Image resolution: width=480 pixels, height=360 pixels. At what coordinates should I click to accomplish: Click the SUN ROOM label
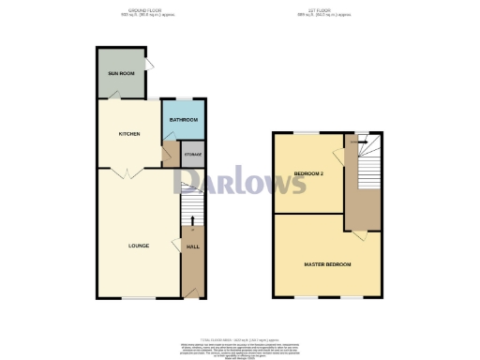pos(119,72)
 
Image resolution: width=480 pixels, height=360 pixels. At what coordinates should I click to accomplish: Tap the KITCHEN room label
pos(129,134)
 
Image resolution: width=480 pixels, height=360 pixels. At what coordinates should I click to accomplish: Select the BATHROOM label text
pos(183,120)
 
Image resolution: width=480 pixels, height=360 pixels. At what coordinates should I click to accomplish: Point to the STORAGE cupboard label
pos(192,154)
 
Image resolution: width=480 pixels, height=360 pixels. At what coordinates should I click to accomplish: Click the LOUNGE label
pos(139,247)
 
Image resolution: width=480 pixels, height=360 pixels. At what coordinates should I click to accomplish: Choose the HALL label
pos(193,247)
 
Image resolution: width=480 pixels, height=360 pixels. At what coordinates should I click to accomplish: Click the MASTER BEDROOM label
pos(327,265)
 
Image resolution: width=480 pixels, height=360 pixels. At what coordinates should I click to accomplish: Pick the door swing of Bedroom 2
pos(338,155)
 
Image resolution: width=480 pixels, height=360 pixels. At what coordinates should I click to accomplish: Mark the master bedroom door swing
pos(359,222)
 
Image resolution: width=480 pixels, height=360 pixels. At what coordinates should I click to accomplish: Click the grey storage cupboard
pos(192,156)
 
